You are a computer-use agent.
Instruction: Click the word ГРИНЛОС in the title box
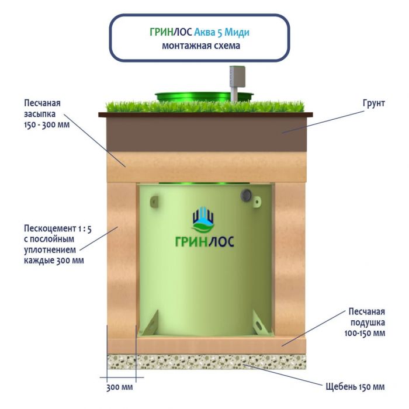coord(171,32)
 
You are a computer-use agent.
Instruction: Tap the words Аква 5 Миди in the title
coord(221,32)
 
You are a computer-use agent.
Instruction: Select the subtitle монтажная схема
coord(201,46)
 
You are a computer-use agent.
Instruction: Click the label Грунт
coord(373,103)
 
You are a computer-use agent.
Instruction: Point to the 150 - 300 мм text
coord(47,124)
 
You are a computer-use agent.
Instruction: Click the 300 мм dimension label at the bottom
coord(119,387)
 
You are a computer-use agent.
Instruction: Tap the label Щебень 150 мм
coord(355,387)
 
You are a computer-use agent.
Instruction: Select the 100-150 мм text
coord(365,333)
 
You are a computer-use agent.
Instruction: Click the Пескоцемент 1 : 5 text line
coord(58,228)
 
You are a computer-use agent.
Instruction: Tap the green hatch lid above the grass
coord(204,96)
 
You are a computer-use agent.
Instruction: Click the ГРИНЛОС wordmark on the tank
coord(204,241)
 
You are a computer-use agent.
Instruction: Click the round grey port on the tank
coord(246,195)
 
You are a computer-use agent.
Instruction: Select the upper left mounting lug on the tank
coord(154,202)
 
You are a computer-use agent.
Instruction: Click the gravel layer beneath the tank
coord(207,362)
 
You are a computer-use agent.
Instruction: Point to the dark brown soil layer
coord(206,134)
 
